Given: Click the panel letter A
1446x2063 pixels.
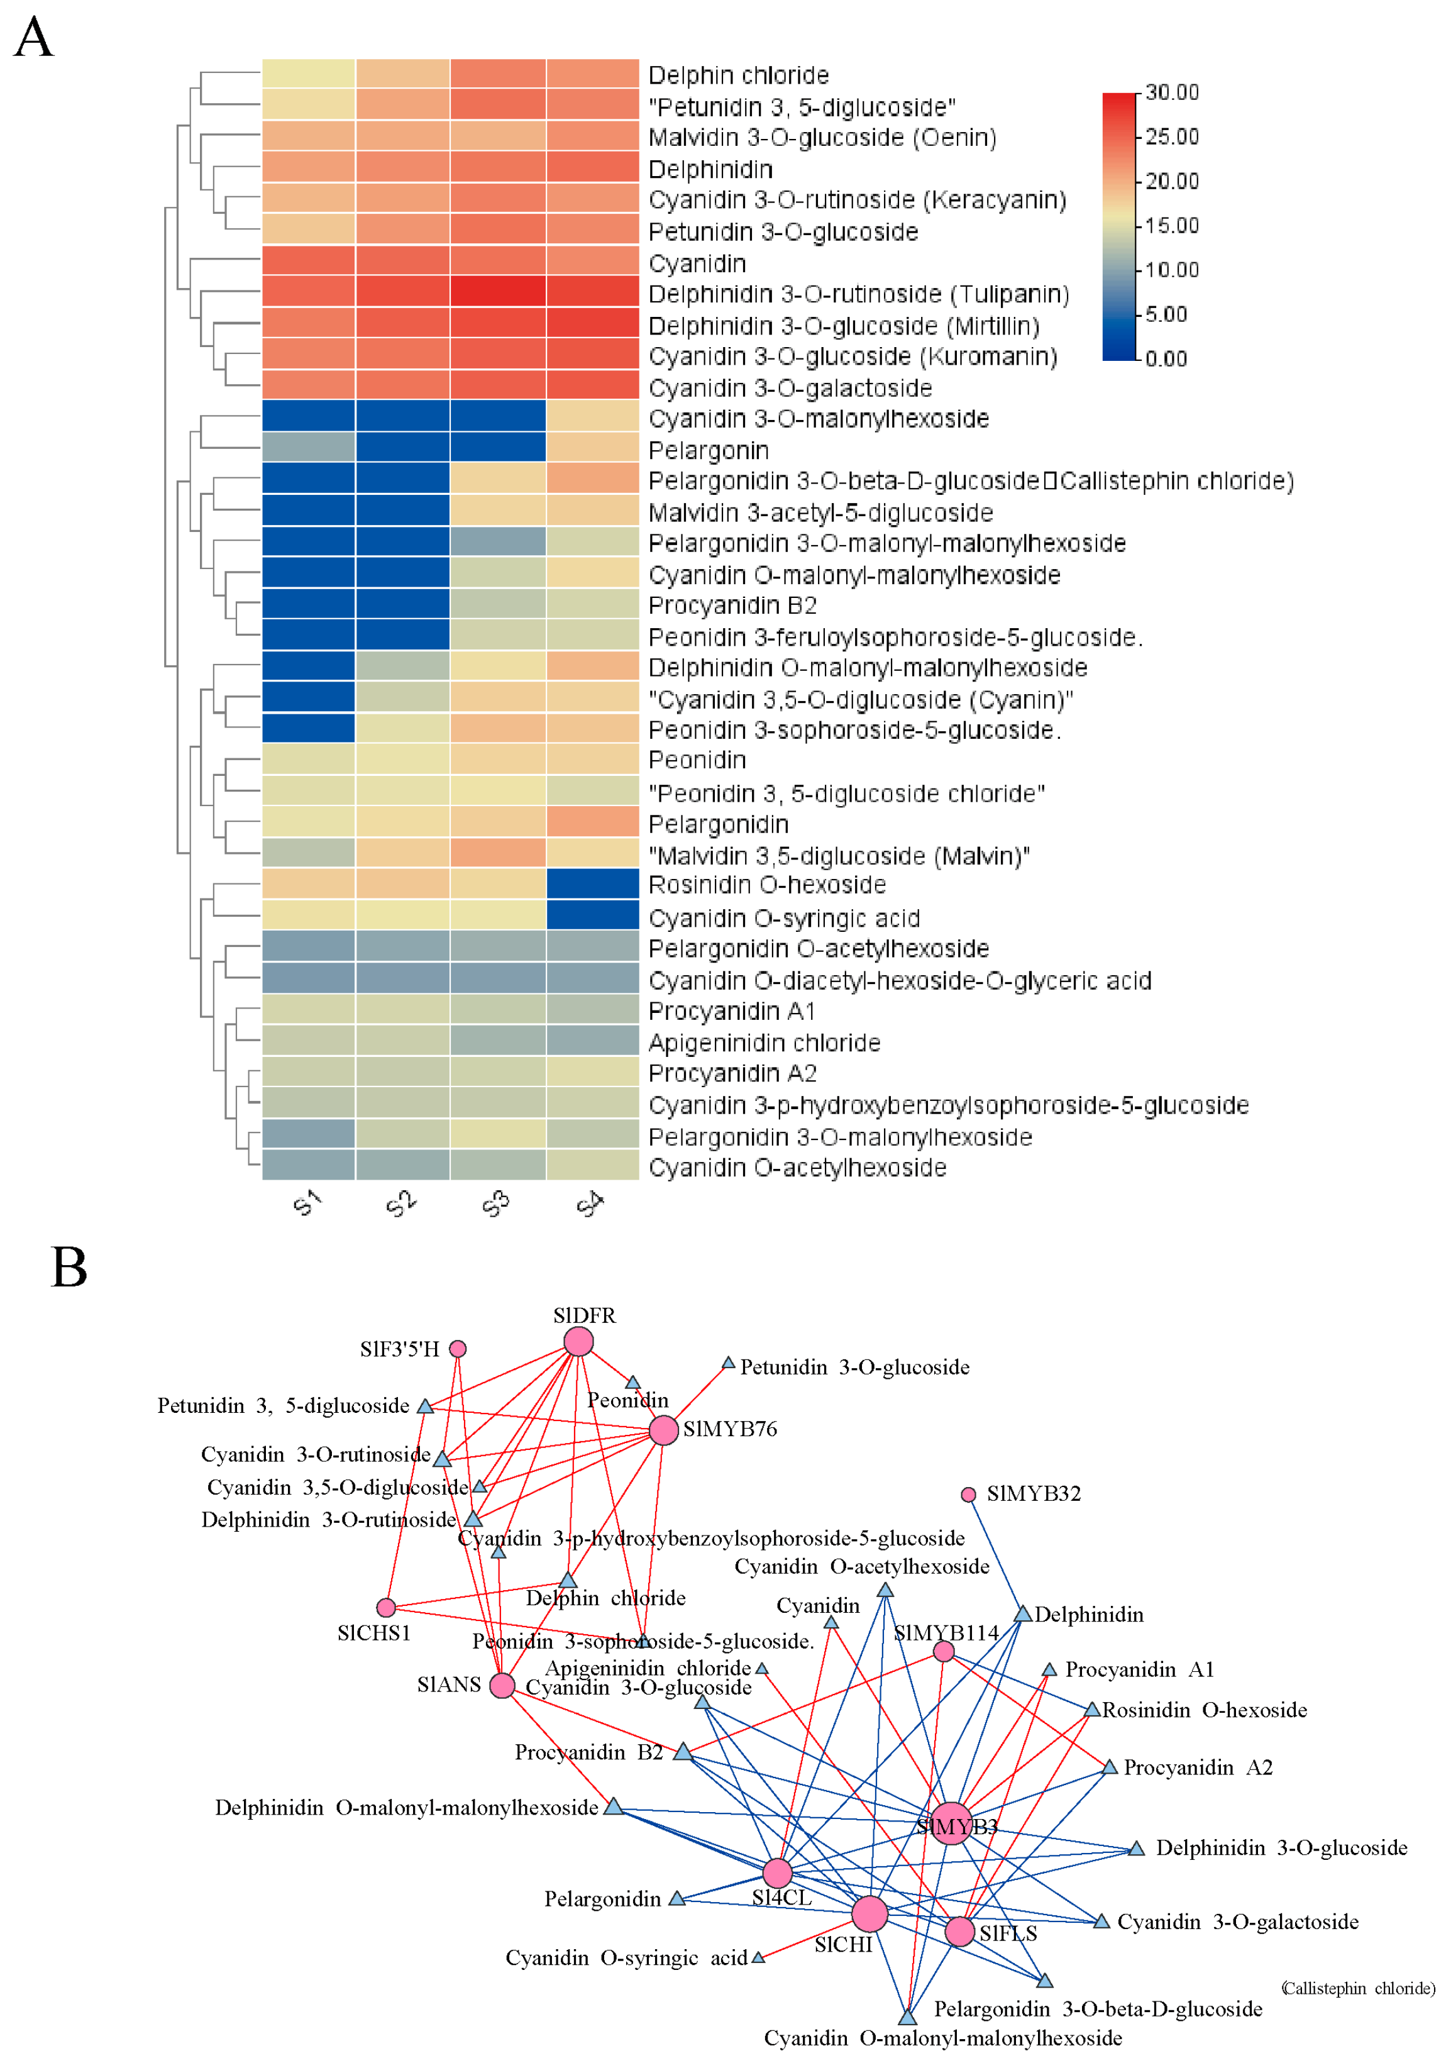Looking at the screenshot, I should [34, 38].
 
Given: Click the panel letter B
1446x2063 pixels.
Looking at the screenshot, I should [69, 1267].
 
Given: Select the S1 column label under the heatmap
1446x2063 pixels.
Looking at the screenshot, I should [307, 1202].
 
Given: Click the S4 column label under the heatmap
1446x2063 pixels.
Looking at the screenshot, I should [590, 1203].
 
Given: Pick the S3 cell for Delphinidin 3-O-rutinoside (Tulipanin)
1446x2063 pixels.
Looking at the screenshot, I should [497, 291].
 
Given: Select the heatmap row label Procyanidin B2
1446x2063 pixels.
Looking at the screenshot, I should [732, 606].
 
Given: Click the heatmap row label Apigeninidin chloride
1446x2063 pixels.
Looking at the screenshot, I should [763, 1043].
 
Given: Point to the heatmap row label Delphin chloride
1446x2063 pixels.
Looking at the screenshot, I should [738, 75].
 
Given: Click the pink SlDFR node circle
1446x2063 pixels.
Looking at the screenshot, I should [578, 1342].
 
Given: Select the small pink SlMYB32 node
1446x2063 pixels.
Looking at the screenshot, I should [968, 1494].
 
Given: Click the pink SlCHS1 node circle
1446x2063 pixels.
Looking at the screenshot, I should [386, 1607].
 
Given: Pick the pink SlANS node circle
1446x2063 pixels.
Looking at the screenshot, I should [502, 1684].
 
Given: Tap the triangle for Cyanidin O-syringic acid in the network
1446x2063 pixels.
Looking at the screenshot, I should [758, 1957].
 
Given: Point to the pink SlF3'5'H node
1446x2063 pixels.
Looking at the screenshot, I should [457, 1349].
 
